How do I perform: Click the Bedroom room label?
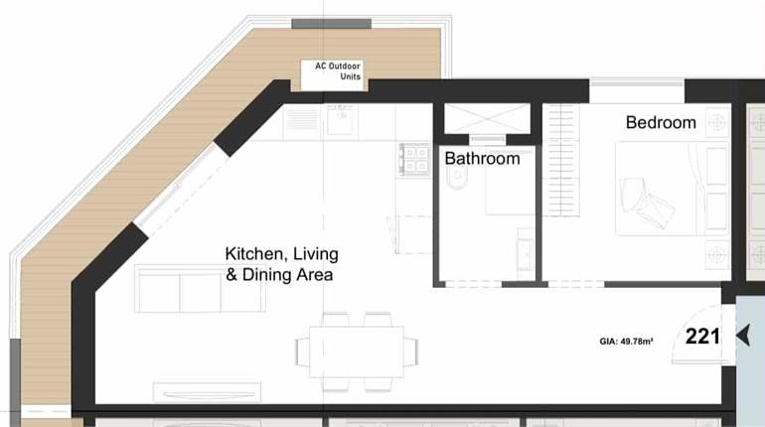point(661,123)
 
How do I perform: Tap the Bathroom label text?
point(482,159)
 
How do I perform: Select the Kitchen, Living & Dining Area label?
point(279,264)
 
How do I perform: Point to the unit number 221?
point(702,337)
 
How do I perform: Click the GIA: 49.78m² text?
point(626,341)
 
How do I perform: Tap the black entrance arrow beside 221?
point(741,337)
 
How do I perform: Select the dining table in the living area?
point(356,352)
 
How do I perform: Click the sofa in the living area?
point(200,288)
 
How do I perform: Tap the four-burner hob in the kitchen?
point(414,159)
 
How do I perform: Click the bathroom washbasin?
point(525,249)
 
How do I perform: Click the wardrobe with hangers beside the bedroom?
point(562,159)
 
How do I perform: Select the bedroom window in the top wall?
point(636,91)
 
